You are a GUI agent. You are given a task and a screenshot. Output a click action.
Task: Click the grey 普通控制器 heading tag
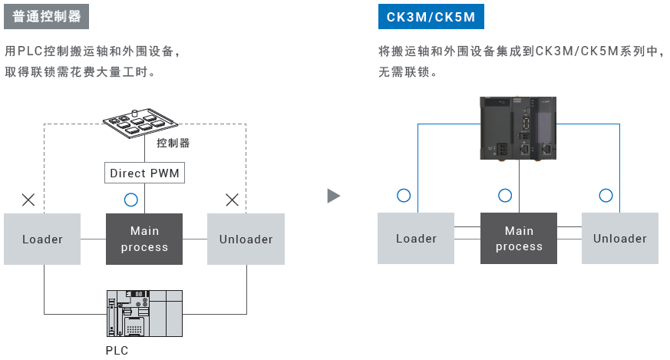[x=47, y=16]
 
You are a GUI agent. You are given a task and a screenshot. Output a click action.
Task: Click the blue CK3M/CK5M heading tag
[x=431, y=16]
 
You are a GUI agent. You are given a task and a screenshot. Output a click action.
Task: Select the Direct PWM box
[x=144, y=173]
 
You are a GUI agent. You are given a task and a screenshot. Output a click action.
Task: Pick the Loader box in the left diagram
[x=42, y=239]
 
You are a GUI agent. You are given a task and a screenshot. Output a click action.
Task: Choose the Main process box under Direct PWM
[x=144, y=239]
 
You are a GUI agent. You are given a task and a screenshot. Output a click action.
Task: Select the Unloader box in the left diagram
[x=246, y=239]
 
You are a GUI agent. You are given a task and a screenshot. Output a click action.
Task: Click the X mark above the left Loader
[x=28, y=200]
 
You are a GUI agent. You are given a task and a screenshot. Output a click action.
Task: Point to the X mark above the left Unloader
[x=233, y=200]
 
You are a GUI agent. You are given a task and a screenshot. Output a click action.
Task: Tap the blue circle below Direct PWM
[x=130, y=200]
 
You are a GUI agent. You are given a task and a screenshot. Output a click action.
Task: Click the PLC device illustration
[x=144, y=313]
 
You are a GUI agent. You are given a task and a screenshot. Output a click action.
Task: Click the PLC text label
[x=117, y=351]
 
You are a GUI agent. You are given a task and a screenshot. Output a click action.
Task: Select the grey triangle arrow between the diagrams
[x=333, y=196]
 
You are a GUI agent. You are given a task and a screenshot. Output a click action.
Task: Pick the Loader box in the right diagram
[x=416, y=239]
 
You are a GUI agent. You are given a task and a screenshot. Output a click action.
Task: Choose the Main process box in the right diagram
[x=519, y=239]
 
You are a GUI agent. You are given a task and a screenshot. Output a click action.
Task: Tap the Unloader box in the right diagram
[x=619, y=239]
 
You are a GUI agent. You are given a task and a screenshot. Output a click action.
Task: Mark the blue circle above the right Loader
[x=404, y=195]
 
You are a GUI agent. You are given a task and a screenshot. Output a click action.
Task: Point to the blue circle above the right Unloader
[x=606, y=195]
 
